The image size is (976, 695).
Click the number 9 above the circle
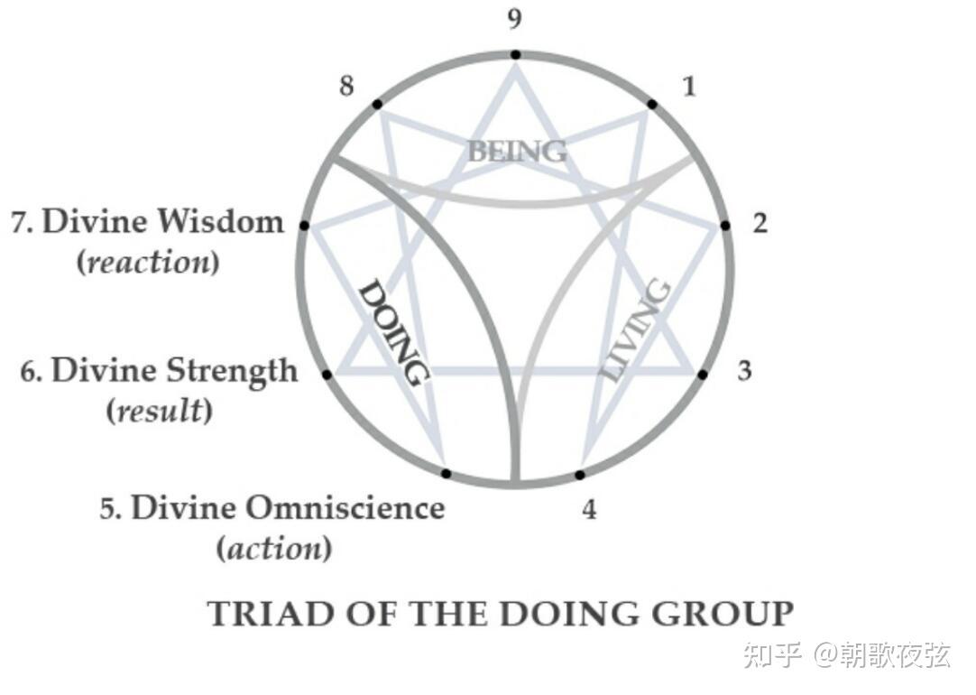point(514,20)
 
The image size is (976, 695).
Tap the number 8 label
point(346,87)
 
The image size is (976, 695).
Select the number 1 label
point(690,87)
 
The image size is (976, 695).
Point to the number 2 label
point(760,223)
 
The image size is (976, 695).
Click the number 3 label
point(744,370)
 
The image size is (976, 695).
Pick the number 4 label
point(589,510)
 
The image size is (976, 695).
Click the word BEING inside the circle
point(517,152)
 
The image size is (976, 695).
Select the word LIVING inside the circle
point(637,330)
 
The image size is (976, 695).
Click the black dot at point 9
point(515,55)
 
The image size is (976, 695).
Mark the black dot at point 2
point(724,226)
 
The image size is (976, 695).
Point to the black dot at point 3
point(703,373)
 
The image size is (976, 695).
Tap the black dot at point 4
point(580,475)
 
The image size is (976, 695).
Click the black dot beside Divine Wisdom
point(304,225)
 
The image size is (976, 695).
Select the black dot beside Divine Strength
point(327,374)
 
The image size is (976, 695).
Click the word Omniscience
point(345,508)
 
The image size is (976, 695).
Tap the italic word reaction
point(149,264)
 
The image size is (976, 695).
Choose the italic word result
point(159,411)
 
